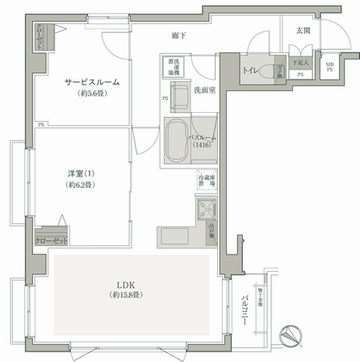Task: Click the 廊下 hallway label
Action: (x=179, y=35)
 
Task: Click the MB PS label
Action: (x=329, y=66)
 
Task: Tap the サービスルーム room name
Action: (x=82, y=82)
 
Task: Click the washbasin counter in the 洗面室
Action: (x=181, y=94)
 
